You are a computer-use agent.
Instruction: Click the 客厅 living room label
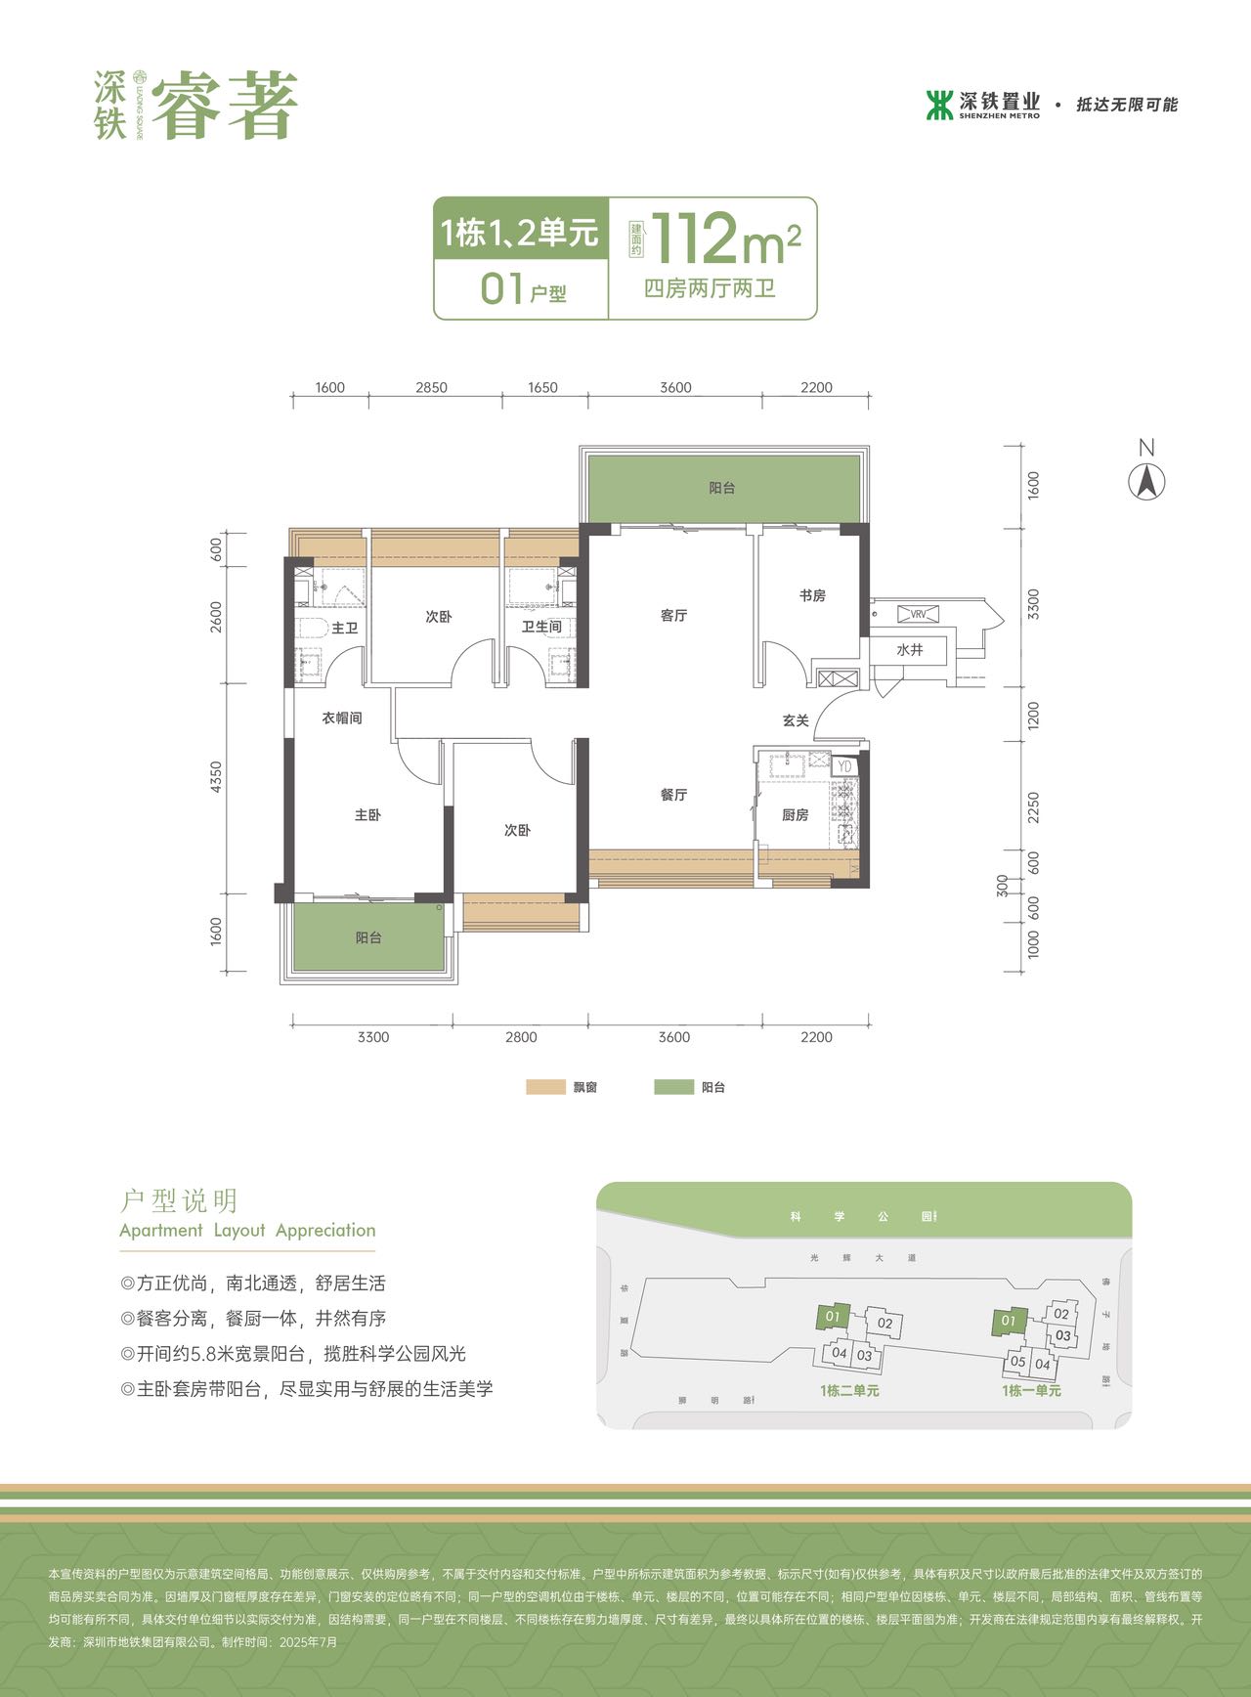coord(673,616)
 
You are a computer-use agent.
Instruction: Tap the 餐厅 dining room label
coord(673,795)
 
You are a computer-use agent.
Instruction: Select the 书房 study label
coord(812,595)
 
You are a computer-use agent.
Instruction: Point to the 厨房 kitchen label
coord(796,814)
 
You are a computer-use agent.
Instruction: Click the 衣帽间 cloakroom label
coord(342,718)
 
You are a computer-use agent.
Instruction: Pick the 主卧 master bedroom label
coord(367,814)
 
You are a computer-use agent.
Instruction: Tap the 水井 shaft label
coord(910,650)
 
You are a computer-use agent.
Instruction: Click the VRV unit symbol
coord(919,614)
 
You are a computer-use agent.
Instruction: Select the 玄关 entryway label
coord(796,720)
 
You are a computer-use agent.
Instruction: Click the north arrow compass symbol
coord(1147,481)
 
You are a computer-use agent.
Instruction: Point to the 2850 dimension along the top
coord(431,387)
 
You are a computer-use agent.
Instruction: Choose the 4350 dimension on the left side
coord(216,778)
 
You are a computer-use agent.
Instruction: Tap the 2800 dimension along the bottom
coord(521,1037)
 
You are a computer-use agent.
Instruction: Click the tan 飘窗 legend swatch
coord(545,1087)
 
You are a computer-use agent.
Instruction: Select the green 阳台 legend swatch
coord(673,1087)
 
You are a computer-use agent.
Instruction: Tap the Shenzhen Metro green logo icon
coord(939,105)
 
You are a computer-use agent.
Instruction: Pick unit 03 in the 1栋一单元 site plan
coord(1063,1335)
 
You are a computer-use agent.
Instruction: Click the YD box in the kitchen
coord(845,766)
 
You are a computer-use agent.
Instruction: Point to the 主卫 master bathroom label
coord(345,629)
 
